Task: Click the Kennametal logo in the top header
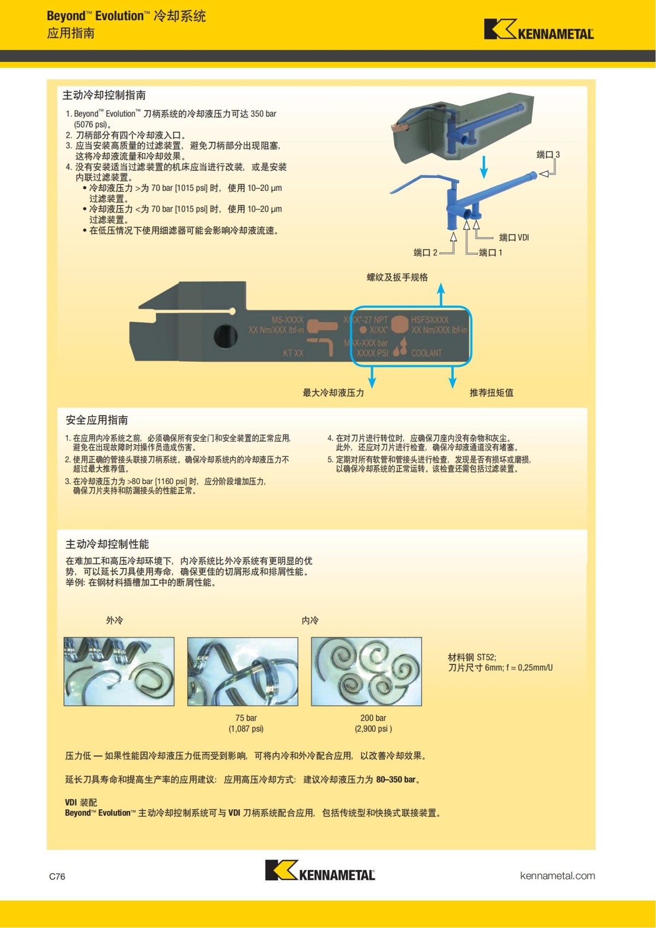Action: click(538, 30)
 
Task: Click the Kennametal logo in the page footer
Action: click(320, 870)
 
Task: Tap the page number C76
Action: click(57, 876)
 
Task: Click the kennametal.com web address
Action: click(557, 876)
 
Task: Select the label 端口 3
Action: click(548, 155)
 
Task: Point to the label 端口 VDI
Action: click(514, 237)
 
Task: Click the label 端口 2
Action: click(425, 253)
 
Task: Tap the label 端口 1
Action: click(490, 253)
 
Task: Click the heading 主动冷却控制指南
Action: click(104, 95)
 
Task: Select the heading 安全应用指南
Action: click(97, 420)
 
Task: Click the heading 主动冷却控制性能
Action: click(107, 544)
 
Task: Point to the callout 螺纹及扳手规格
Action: click(397, 277)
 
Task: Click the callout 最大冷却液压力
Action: click(333, 393)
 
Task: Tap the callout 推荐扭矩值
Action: click(491, 393)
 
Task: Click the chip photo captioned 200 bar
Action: click(366, 672)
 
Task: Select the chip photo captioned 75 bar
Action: click(243, 672)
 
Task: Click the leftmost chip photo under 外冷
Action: click(119, 672)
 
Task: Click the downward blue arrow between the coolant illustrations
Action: click(484, 166)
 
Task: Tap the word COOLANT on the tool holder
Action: click(426, 353)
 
